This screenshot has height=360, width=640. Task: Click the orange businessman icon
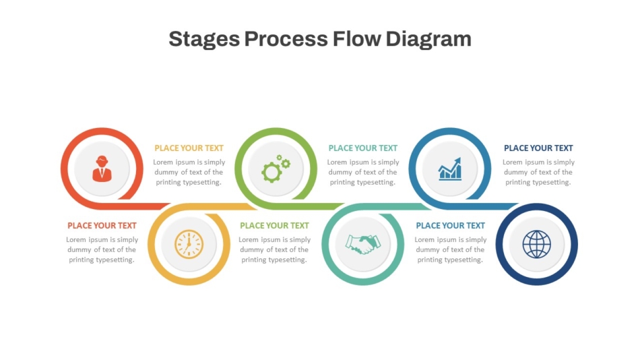[102, 169]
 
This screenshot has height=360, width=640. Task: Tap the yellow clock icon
[189, 244]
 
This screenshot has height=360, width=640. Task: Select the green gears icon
[276, 169]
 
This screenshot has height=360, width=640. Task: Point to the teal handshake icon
[362, 244]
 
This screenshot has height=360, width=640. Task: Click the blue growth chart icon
[450, 169]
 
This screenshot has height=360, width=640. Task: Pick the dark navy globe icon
[537, 244]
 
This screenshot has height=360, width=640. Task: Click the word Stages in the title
[204, 40]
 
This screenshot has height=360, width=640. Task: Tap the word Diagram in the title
[428, 40]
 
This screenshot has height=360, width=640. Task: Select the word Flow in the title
[357, 39]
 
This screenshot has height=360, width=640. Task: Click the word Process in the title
[286, 39]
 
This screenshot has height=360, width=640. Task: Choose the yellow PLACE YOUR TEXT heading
[189, 148]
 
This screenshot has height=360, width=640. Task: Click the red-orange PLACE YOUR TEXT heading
[102, 226]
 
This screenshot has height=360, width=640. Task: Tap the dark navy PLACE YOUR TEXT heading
[538, 148]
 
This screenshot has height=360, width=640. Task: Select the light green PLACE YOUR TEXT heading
[274, 226]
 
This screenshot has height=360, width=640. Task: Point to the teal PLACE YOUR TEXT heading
[363, 148]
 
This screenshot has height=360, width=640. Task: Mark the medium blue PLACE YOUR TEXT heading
[450, 226]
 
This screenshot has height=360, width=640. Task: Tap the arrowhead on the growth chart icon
[457, 160]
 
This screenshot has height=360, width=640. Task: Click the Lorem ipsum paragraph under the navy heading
[538, 172]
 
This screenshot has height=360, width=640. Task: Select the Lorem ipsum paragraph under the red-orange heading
[102, 249]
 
